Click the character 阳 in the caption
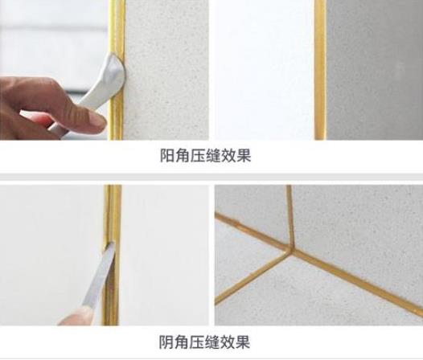(x=167, y=156)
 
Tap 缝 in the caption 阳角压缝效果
(x=213, y=156)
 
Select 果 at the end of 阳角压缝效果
(x=244, y=156)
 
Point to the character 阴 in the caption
(x=166, y=342)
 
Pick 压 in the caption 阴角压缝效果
(x=196, y=342)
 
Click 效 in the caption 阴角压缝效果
(x=227, y=342)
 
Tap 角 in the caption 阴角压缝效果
(x=181, y=342)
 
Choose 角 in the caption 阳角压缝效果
(x=183, y=156)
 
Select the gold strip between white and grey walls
(x=320, y=70)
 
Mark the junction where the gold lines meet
(x=291, y=248)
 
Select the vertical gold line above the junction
(x=290, y=215)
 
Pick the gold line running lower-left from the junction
(x=251, y=276)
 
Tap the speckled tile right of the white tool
(x=166, y=70)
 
